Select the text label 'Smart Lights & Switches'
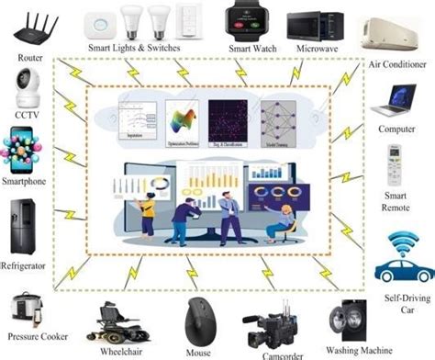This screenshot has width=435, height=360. point(133,48)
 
